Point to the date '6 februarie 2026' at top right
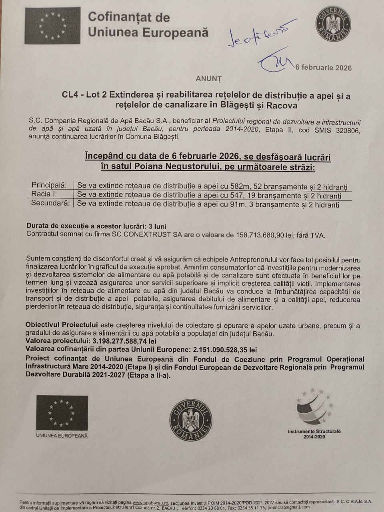coord(324,67)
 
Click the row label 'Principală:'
coord(49,185)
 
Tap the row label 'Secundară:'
coord(50,203)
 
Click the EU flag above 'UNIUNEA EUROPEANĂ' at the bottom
coord(62,412)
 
